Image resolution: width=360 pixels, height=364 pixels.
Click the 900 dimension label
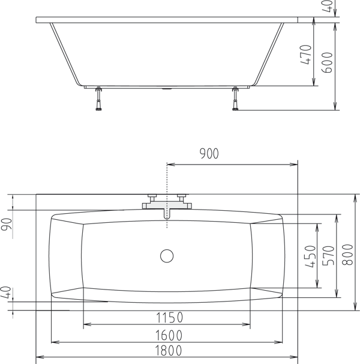[209, 154]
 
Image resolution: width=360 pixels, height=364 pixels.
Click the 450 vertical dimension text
[310, 257]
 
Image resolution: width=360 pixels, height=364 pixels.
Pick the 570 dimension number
[328, 257]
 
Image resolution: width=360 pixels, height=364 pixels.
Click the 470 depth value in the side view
[306, 56]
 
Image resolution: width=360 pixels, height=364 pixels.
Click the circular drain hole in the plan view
[167, 256]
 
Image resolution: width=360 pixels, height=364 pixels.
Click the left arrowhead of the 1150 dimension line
[86, 324]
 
